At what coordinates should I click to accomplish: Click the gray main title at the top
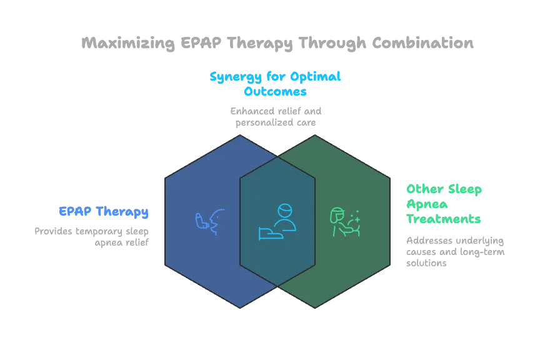[277, 42]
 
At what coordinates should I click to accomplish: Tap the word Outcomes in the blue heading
[276, 91]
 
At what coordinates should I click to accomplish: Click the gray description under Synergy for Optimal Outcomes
[277, 117]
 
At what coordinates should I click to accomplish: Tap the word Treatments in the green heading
[444, 219]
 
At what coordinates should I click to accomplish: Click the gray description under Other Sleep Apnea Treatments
[454, 252]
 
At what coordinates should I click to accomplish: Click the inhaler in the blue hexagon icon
[201, 221]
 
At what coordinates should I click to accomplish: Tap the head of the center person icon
[284, 209]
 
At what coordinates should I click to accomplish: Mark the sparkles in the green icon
[356, 215]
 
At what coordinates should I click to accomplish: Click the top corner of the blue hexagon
[240, 136]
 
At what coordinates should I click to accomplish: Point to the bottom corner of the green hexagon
[315, 307]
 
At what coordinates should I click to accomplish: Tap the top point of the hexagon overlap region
[277, 157]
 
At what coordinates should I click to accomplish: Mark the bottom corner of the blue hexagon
[240, 307]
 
